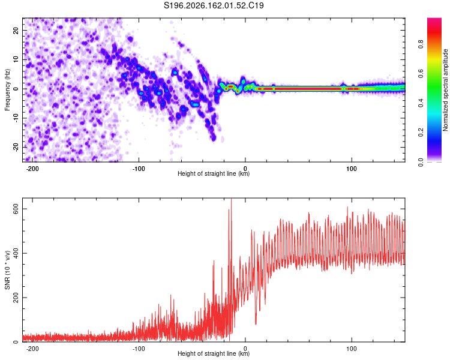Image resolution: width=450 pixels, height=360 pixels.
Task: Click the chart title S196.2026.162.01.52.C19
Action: (x=214, y=5)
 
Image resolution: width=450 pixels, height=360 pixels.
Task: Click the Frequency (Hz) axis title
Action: (x=7, y=90)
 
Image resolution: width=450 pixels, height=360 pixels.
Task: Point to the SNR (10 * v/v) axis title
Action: (x=7, y=270)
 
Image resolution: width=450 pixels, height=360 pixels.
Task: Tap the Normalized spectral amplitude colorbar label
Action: (x=445, y=90)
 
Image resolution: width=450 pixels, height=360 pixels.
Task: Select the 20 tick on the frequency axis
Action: (x=16, y=30)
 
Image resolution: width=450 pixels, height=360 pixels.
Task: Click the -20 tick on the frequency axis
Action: (x=16, y=147)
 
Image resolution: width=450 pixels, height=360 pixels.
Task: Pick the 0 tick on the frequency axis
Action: (x=16, y=89)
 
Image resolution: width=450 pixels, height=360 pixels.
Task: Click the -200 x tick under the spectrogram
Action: (x=32, y=169)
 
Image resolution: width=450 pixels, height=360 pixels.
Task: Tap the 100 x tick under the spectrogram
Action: (x=351, y=169)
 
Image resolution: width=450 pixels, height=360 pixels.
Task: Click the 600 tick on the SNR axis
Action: (x=16, y=209)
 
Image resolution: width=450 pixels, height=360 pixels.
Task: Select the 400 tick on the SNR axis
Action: (x=16, y=253)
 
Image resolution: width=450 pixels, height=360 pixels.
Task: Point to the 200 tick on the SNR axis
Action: (x=16, y=298)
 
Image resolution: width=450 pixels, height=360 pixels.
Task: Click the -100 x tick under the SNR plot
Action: (x=139, y=349)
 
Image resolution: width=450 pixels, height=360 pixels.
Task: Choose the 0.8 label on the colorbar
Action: (x=421, y=44)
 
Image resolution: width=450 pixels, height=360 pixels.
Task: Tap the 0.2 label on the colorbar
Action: (x=421, y=133)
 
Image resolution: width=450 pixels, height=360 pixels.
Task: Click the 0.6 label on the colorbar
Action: (x=421, y=74)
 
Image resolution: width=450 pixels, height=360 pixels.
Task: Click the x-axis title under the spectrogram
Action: (x=214, y=173)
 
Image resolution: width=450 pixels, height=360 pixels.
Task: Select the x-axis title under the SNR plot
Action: (x=214, y=353)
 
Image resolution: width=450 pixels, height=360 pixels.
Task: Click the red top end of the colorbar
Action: (x=434, y=20)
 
